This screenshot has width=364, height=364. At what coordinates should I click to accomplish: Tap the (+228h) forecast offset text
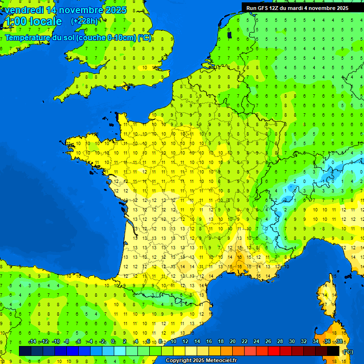coord(84,21)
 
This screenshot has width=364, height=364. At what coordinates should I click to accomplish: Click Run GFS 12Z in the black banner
coord(265,8)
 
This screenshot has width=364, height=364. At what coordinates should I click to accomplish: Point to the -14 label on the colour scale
coord(32,342)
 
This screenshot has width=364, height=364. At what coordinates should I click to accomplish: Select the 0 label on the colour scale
coord(113,342)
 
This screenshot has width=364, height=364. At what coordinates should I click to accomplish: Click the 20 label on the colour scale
coord(232,342)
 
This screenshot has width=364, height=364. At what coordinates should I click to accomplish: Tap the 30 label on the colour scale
coord(291,342)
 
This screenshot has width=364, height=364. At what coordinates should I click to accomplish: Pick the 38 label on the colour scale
coord(339,342)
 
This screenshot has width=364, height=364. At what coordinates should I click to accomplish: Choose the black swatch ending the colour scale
coord(333,351)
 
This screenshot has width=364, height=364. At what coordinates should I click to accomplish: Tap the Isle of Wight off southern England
coord(126,87)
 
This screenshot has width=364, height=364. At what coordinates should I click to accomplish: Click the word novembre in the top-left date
coord(81,10)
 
